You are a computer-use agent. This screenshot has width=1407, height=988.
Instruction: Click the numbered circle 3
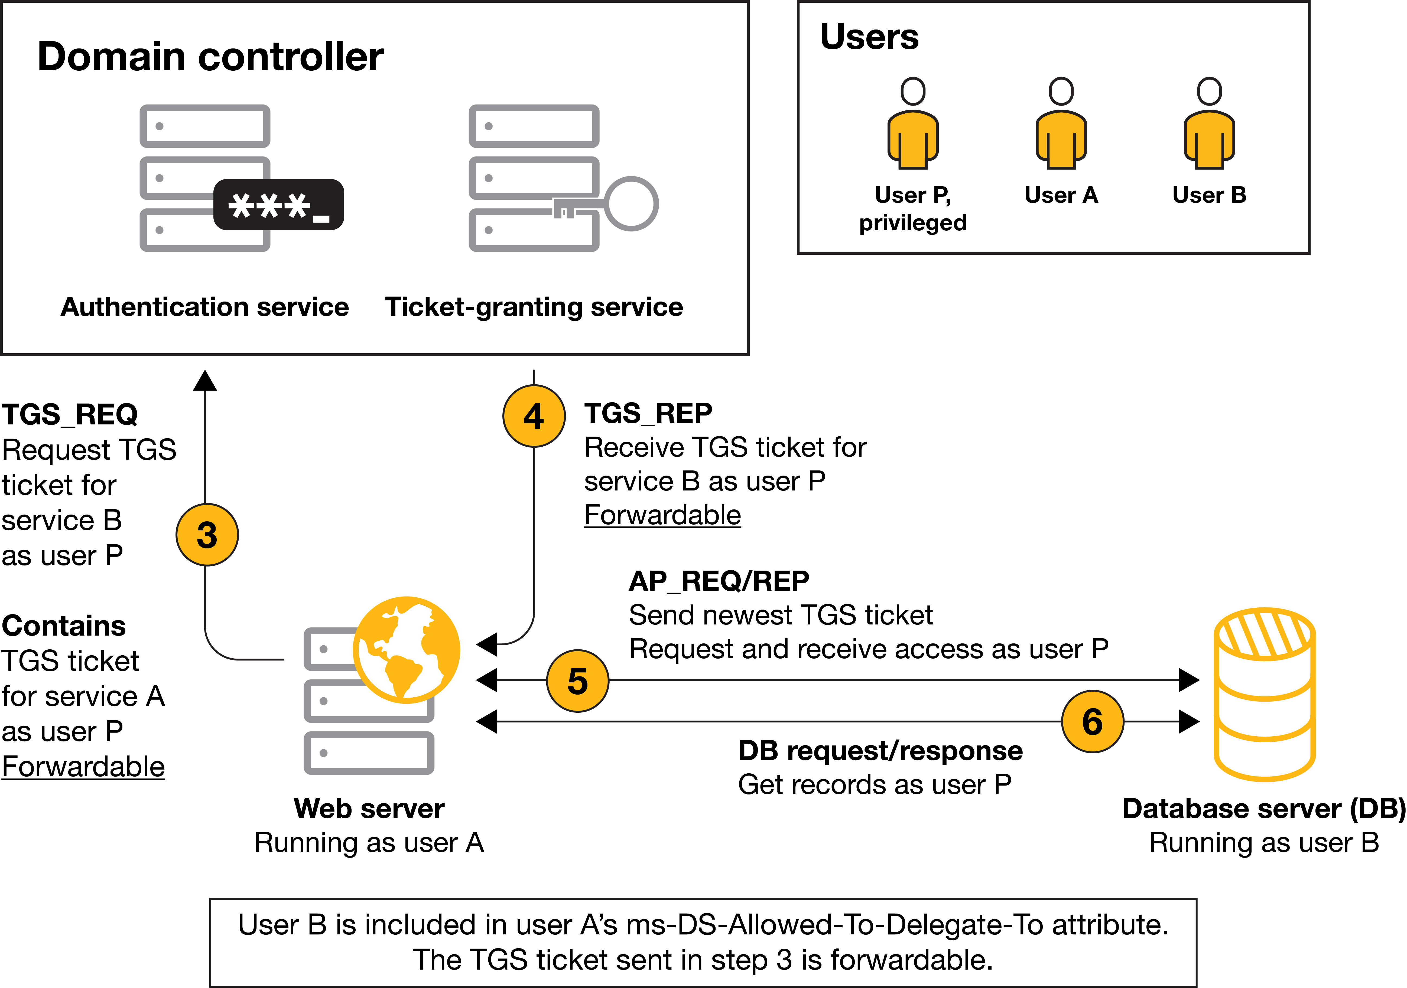point(207,535)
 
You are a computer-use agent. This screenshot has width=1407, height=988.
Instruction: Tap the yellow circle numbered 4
point(534,416)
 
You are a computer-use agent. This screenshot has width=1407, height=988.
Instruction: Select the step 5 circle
point(577,681)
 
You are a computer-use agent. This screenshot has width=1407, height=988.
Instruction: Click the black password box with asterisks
point(279,205)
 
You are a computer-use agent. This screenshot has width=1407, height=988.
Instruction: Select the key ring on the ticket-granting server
point(631,204)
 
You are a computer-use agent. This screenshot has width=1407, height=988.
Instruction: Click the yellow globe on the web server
point(406,649)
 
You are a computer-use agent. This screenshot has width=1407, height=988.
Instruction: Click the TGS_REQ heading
point(70,415)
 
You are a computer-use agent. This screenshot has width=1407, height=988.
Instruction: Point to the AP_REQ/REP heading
point(719,581)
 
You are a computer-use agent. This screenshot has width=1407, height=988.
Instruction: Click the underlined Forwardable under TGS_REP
point(662,515)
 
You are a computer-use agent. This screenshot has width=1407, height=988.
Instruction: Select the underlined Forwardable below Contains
point(83,767)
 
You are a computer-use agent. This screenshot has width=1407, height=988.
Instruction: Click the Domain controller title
point(210,57)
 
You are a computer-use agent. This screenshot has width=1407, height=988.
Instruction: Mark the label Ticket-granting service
point(534,307)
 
